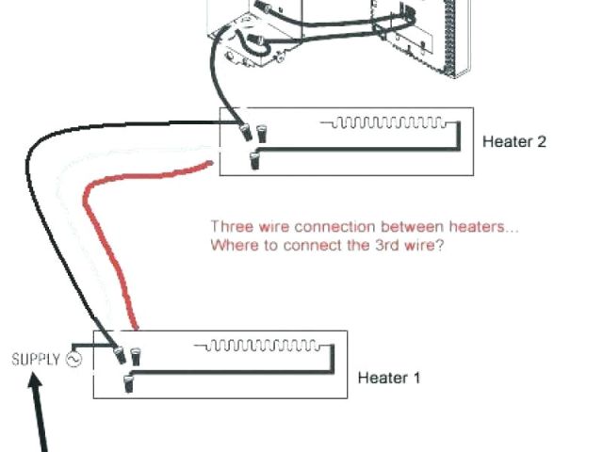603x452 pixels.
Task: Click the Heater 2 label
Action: [513, 142]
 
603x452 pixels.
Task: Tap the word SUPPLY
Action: [35, 359]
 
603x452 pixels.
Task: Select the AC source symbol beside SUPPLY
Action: [73, 359]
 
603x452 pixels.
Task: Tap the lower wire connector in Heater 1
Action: [129, 380]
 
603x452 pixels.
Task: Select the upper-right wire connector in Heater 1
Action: [136, 355]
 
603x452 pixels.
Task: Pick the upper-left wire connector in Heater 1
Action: [121, 355]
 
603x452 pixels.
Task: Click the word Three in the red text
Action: [229, 227]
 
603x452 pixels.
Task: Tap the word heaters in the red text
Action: [486, 227]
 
